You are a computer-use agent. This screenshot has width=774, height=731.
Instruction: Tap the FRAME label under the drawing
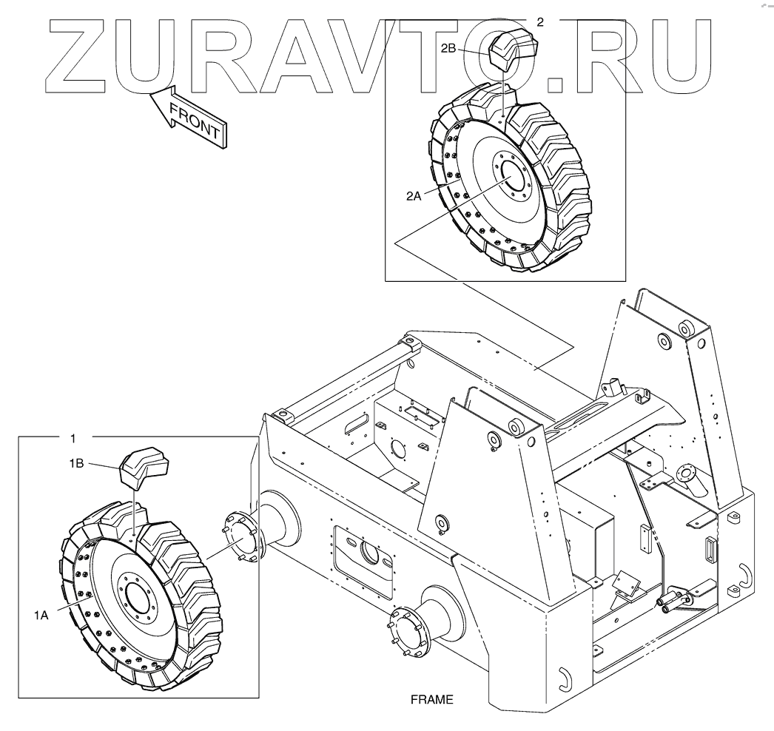[431, 698]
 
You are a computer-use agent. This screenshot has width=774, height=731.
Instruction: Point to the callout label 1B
[77, 463]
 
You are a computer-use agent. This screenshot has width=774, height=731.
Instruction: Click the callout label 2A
[414, 195]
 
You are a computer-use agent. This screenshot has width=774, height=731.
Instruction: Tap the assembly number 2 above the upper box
[539, 22]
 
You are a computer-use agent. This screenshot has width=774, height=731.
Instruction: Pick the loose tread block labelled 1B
[146, 466]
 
